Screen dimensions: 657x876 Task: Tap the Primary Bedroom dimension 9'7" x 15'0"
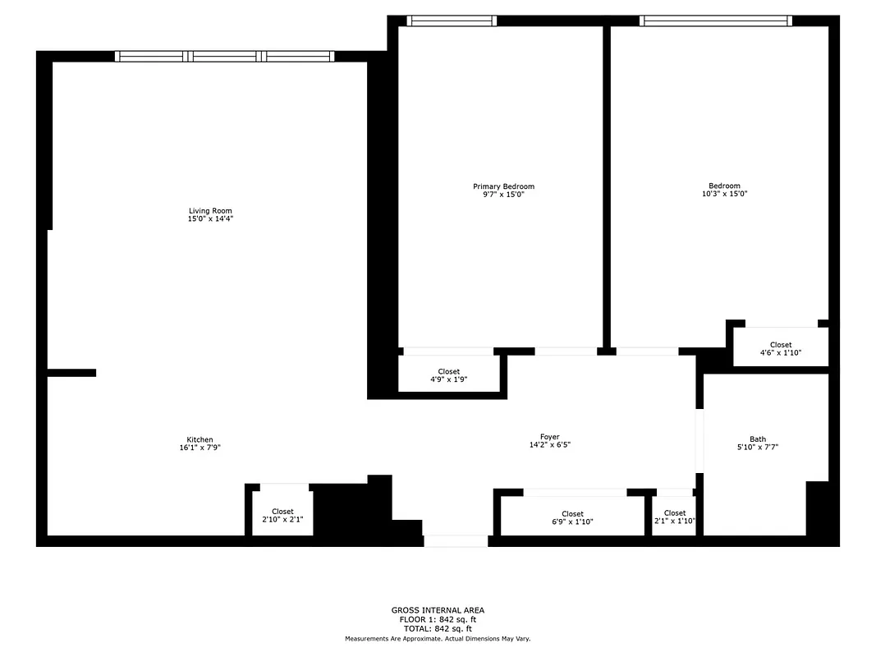[x=503, y=195]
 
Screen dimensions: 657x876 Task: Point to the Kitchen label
[x=200, y=440]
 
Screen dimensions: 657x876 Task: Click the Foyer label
[x=549, y=437]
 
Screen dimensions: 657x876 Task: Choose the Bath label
[x=757, y=439]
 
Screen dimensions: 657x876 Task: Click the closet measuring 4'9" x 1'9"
[x=449, y=375]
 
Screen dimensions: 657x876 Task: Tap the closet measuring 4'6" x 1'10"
[x=781, y=349]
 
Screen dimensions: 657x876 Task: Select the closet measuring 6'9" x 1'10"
[x=572, y=518]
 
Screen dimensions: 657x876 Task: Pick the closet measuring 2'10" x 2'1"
[x=282, y=516]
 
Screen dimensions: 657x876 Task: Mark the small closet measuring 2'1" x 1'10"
[x=675, y=518]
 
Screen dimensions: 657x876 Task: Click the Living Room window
[x=224, y=57]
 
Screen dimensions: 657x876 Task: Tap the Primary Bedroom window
[x=452, y=21]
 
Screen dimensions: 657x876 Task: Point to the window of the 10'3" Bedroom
[x=716, y=21]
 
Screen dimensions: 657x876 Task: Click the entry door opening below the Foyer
[x=456, y=541]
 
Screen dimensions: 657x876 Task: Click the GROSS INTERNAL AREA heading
[x=438, y=610]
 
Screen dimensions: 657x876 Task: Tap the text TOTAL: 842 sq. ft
[x=438, y=629]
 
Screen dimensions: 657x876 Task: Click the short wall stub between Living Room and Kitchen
[x=71, y=373]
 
